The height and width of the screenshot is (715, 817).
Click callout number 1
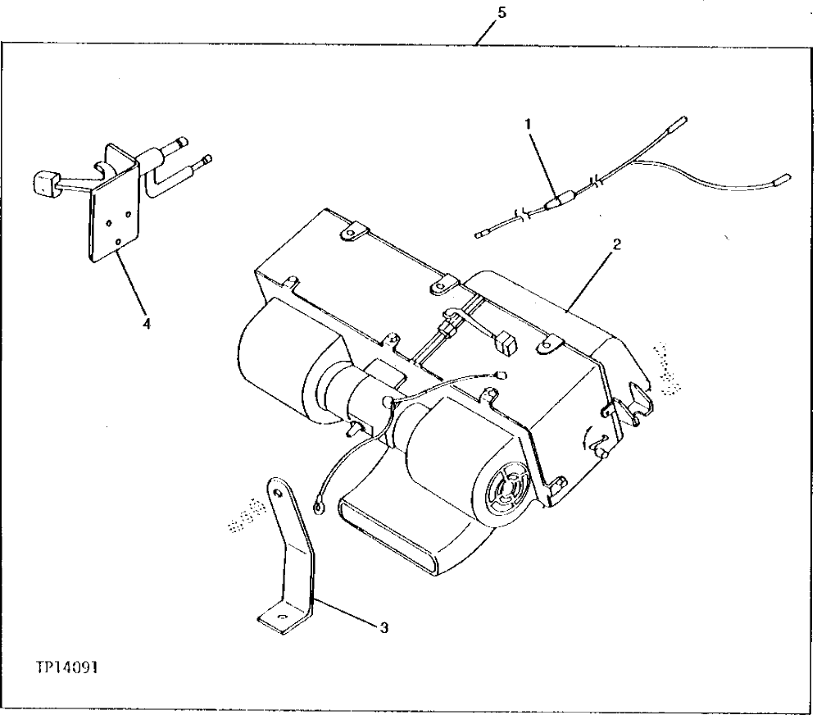point(529,124)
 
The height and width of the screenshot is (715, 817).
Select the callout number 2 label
point(616,244)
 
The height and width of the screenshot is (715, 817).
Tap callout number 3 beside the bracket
point(384,628)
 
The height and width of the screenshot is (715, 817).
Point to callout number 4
point(147,324)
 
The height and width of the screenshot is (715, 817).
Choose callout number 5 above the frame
point(501,12)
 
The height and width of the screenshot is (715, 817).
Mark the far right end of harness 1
point(783,176)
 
